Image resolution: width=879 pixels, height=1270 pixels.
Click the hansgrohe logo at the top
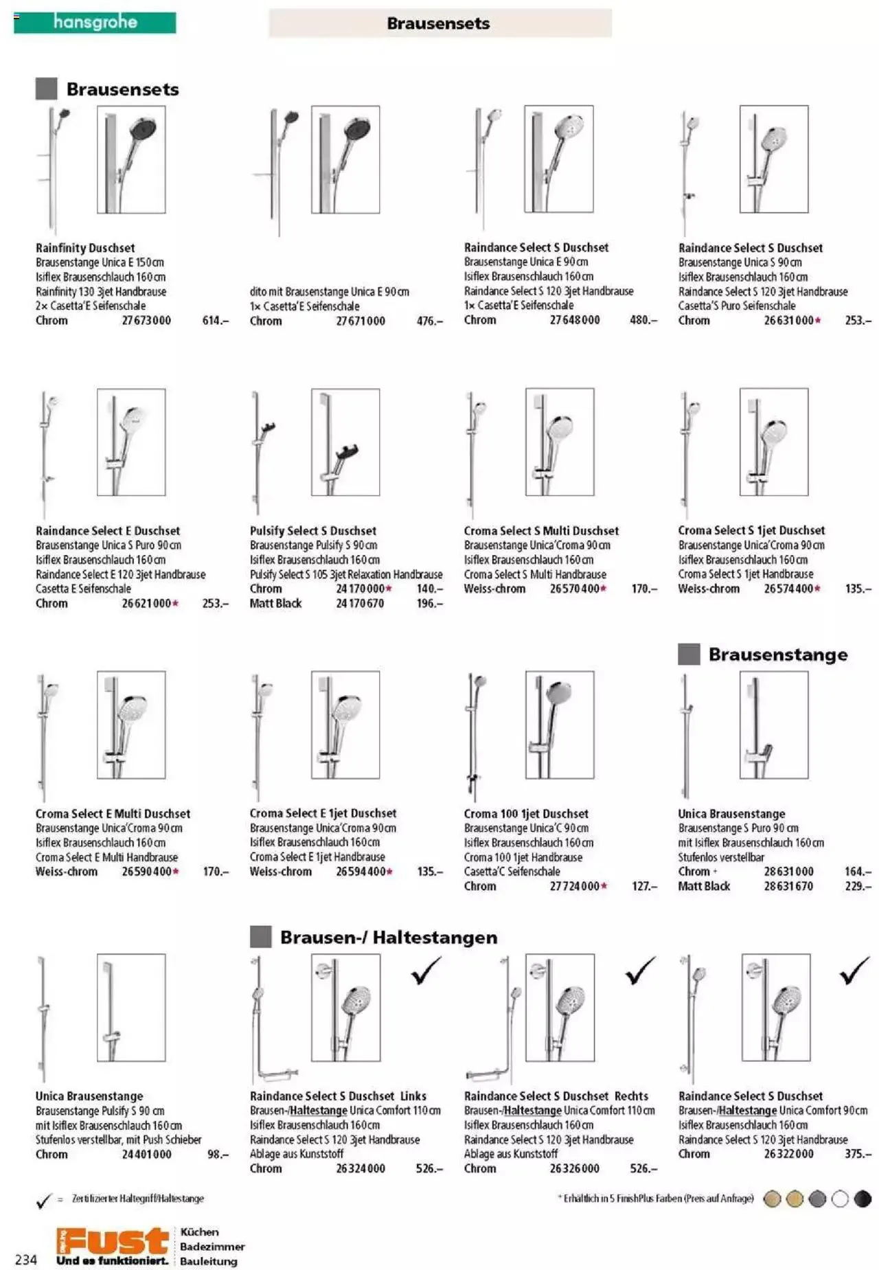pyautogui.click(x=95, y=23)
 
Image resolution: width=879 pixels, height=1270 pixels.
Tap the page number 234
pyautogui.click(x=26, y=1259)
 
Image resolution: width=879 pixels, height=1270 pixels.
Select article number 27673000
pyautogui.click(x=146, y=320)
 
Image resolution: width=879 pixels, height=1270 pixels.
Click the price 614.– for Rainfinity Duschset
pyautogui.click(x=215, y=320)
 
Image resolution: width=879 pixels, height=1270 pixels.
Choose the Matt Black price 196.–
pyautogui.click(x=429, y=603)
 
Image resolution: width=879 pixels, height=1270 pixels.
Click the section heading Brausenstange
pyautogui.click(x=777, y=654)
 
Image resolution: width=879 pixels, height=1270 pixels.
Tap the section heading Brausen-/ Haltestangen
pyautogui.click(x=388, y=937)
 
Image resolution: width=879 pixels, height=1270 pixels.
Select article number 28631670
pyautogui.click(x=788, y=886)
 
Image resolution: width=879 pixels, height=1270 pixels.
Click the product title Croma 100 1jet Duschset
pyautogui.click(x=525, y=813)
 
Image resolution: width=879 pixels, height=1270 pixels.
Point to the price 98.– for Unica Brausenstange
pyautogui.click(x=218, y=1154)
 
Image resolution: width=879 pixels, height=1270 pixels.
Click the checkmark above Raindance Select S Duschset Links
pyautogui.click(x=426, y=971)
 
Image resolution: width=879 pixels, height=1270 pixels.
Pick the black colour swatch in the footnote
pyautogui.click(x=862, y=1199)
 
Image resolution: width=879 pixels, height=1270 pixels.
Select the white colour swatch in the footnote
pyautogui.click(x=840, y=1199)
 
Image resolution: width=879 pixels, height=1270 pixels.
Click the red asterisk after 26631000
pyautogui.click(x=818, y=320)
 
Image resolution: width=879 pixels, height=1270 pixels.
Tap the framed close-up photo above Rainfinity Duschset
pyautogui.click(x=131, y=159)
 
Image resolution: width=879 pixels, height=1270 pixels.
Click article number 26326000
pyautogui.click(x=574, y=1168)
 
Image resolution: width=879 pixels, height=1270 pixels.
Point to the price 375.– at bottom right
pyautogui.click(x=857, y=1154)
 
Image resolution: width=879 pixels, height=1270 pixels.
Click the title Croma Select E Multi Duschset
pyautogui.click(x=113, y=813)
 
